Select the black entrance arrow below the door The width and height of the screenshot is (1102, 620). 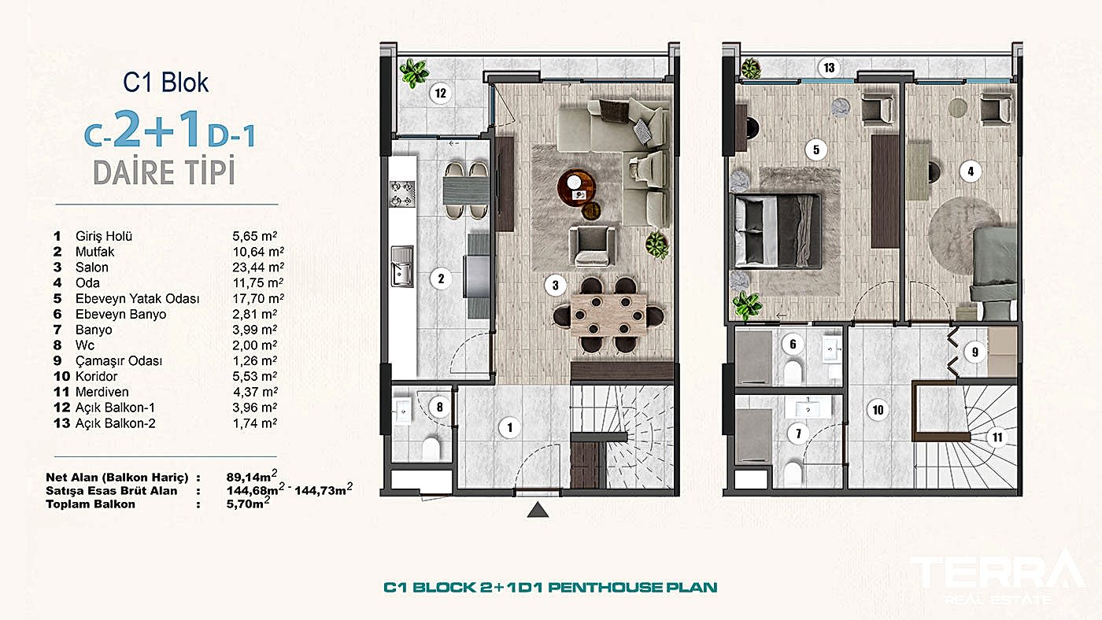(538, 511)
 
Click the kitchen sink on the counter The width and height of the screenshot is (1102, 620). (401, 265)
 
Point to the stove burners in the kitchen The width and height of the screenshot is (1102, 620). (401, 194)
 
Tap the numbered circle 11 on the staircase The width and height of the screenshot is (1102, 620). (997, 438)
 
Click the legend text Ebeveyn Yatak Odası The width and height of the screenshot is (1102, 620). (137, 299)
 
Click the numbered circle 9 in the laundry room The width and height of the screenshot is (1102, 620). (974, 352)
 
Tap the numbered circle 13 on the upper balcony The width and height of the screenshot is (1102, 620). (829, 68)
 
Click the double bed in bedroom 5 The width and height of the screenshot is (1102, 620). (775, 231)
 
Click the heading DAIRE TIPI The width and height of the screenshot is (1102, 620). (164, 172)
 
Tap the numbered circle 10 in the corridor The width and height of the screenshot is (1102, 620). (877, 409)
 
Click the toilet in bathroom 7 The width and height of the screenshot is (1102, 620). (793, 472)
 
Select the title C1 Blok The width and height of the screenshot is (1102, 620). (166, 83)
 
